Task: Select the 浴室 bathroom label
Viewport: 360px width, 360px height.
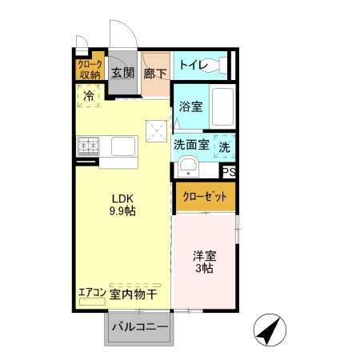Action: [x=190, y=106]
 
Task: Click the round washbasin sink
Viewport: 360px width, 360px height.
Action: [x=188, y=168]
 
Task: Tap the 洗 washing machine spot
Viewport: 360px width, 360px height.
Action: [x=225, y=147]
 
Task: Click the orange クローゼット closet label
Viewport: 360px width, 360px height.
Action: [x=205, y=197]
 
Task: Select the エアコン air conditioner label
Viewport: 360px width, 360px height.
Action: [x=92, y=293]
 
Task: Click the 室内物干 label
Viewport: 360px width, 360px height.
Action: [x=134, y=294]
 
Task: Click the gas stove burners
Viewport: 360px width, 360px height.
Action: [x=88, y=147]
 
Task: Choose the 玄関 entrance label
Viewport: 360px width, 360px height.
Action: [x=122, y=73]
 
